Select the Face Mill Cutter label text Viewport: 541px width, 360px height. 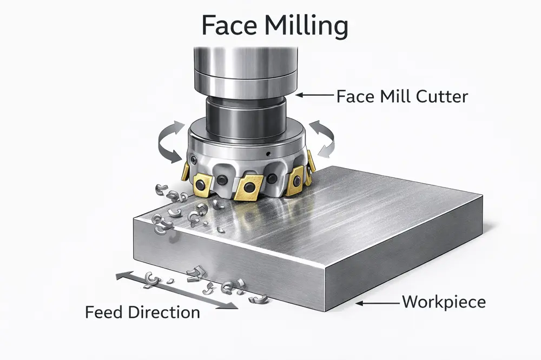(x=401, y=97)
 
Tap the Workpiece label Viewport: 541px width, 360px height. (x=443, y=302)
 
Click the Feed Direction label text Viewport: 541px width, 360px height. (x=142, y=312)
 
